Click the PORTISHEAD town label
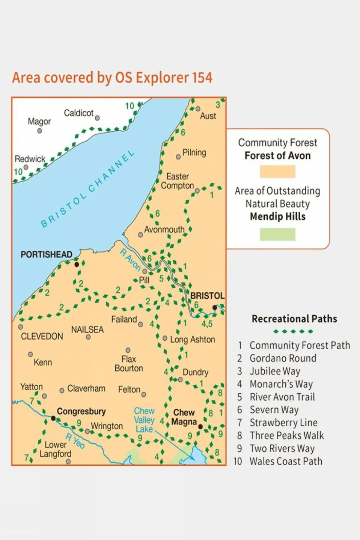[x=46, y=254]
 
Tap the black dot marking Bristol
[x=214, y=307]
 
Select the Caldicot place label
[x=78, y=113]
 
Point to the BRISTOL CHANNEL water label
[x=87, y=190]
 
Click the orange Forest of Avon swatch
[x=277, y=171]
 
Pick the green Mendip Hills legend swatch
[x=277, y=234]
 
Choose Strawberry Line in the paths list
[x=283, y=423]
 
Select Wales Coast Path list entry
[x=286, y=461]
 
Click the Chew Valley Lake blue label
[x=144, y=420]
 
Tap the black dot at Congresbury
[x=53, y=418]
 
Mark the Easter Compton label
[x=177, y=181]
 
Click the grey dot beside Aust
[x=198, y=109]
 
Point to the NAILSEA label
[x=87, y=329]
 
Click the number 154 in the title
[x=202, y=78]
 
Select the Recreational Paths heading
[x=294, y=319]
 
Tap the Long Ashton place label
[x=193, y=339]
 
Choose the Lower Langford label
[x=56, y=449]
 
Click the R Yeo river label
[x=75, y=441]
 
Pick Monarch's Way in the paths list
[x=281, y=384]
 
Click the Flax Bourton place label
[x=129, y=364]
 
